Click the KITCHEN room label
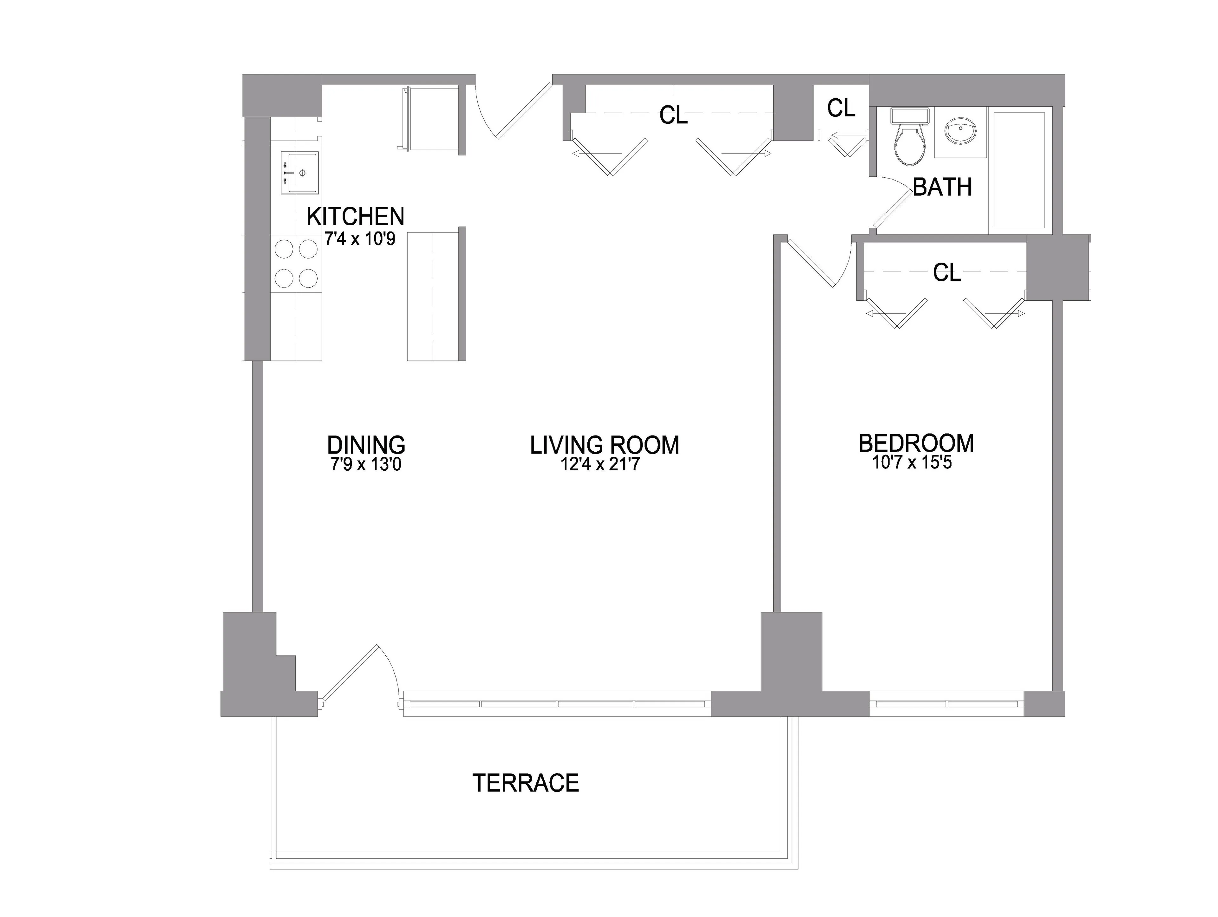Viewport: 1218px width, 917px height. [x=355, y=216]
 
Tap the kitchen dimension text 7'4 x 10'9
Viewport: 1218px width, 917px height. [x=360, y=239]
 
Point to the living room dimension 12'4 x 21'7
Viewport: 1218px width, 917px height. [x=600, y=464]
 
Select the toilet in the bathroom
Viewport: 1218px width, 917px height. [x=910, y=142]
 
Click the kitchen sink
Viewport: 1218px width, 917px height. [x=299, y=173]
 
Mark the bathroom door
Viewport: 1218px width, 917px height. [x=892, y=206]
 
